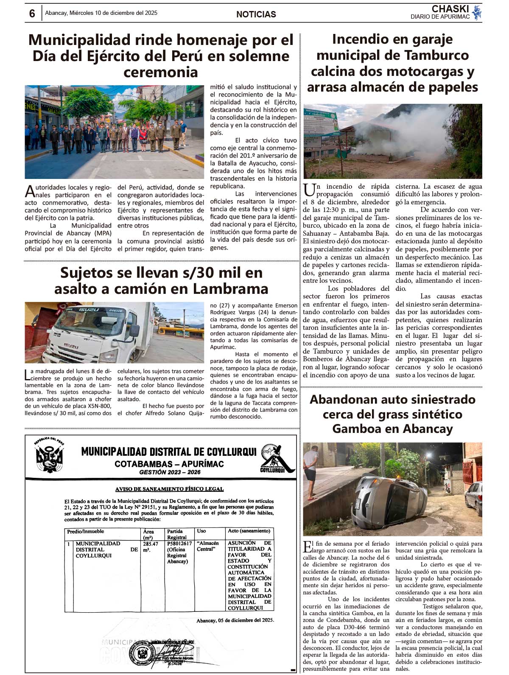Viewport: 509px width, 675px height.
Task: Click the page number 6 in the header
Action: tap(32, 14)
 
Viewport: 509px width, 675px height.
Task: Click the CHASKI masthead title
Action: tap(450, 9)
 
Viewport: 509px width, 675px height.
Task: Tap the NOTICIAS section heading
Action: tap(256, 14)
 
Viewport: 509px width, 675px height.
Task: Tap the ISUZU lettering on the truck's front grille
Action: tap(71, 346)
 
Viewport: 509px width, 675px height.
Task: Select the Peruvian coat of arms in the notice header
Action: tap(49, 455)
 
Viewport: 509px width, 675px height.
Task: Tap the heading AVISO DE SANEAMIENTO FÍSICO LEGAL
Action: tap(170, 489)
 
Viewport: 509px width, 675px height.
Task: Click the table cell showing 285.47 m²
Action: tap(151, 547)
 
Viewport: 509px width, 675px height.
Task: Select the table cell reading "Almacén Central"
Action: tap(208, 546)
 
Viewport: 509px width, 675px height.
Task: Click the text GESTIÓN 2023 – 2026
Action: tap(170, 472)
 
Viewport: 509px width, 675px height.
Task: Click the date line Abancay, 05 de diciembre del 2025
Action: tap(235, 620)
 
